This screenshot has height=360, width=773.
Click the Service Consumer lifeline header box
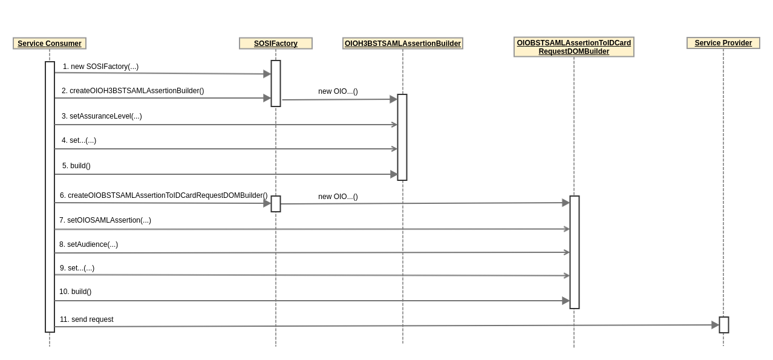click(50, 44)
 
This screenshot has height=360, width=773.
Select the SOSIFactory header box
click(276, 44)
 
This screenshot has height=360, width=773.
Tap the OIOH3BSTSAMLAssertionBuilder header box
click(403, 44)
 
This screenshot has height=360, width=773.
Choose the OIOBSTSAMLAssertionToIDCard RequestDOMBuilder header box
click(574, 47)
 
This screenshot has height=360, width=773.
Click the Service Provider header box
click(723, 43)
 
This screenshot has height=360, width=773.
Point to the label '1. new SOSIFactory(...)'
click(100, 67)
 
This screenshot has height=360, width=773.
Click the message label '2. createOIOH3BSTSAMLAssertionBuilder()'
click(132, 91)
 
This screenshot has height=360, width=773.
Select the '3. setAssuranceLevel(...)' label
click(102, 116)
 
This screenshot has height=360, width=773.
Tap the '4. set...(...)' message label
click(79, 140)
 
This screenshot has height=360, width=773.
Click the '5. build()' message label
click(76, 166)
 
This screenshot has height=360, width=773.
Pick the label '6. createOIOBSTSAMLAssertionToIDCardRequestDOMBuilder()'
click(163, 195)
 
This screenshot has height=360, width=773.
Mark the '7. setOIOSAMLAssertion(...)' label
click(105, 220)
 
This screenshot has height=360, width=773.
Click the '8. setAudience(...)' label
click(88, 244)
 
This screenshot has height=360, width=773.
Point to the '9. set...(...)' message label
click(77, 268)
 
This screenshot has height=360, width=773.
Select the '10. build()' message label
click(76, 292)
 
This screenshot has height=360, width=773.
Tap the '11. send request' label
click(86, 319)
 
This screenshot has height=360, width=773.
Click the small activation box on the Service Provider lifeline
click(724, 325)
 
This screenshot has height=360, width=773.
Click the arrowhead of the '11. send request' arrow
click(715, 325)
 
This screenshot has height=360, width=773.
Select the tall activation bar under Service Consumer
click(50, 197)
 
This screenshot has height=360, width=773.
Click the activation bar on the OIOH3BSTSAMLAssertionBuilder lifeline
click(402, 137)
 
